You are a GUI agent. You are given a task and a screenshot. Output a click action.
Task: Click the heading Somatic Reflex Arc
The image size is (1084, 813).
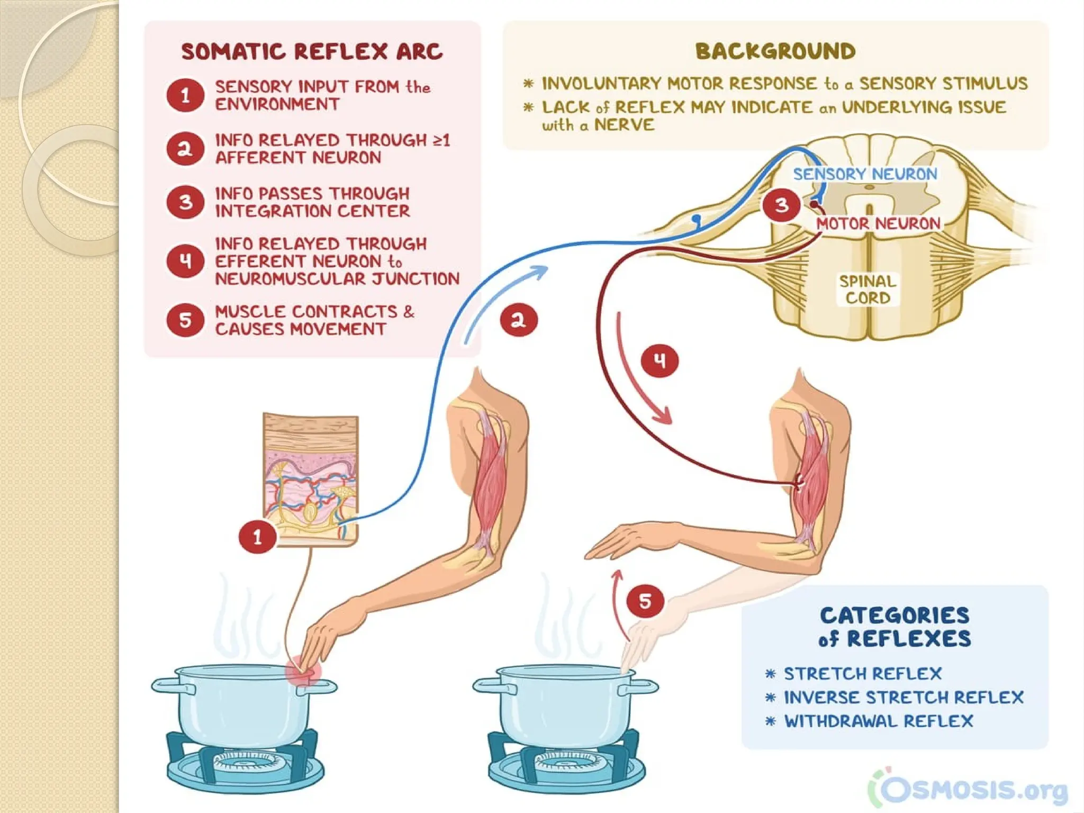[312, 52]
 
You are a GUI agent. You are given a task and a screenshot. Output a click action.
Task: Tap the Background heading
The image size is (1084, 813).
[775, 51]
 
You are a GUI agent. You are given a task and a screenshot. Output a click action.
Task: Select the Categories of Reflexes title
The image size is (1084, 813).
[895, 627]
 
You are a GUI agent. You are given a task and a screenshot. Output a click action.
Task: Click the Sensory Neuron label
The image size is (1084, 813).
[865, 174]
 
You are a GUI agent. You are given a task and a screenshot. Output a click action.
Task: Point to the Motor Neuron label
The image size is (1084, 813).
[878, 223]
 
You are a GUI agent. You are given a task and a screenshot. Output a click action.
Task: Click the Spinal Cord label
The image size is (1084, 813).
[868, 289]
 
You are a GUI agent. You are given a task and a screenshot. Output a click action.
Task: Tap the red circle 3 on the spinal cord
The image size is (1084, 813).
[781, 205]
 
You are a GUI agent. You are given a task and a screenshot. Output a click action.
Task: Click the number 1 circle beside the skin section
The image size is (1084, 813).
[257, 537]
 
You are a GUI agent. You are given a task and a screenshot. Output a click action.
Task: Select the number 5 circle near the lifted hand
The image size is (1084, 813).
[645, 601]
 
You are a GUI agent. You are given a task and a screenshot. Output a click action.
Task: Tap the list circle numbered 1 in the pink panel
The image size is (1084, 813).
[185, 95]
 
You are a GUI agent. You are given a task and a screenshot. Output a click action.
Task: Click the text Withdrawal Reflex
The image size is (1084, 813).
[879, 721]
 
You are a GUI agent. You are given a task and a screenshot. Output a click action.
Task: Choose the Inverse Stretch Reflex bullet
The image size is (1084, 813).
[904, 697]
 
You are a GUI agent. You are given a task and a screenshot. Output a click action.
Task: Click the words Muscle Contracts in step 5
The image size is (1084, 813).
[306, 311]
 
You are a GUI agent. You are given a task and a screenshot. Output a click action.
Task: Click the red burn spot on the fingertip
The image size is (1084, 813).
[303, 671]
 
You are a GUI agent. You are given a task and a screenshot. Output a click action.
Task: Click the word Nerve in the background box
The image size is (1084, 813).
[625, 125]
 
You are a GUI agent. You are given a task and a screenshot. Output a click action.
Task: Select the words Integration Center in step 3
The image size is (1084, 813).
[312, 211]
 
